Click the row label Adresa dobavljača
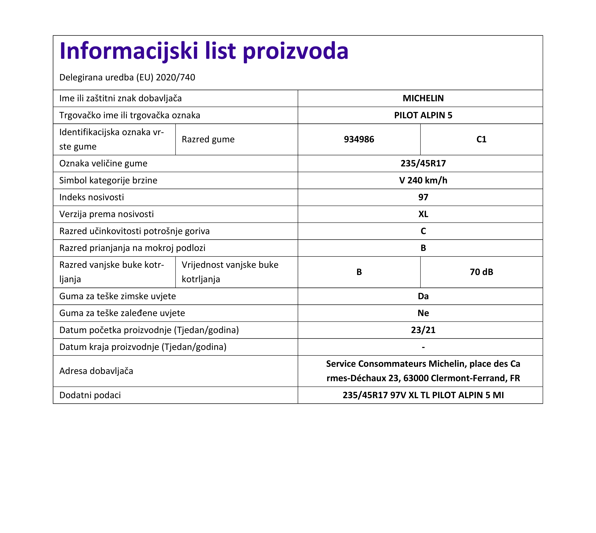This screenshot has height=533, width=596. point(96,371)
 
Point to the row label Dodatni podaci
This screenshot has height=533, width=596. point(90,395)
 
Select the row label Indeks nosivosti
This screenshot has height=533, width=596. point(91,197)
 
